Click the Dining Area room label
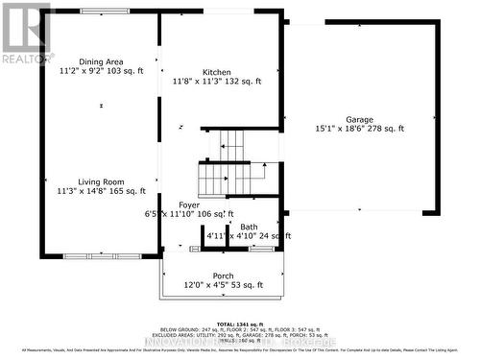99,60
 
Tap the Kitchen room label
216,72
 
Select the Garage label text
360,117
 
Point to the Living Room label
100,180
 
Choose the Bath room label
249,227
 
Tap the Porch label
223,276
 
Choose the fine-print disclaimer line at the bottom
240,352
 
